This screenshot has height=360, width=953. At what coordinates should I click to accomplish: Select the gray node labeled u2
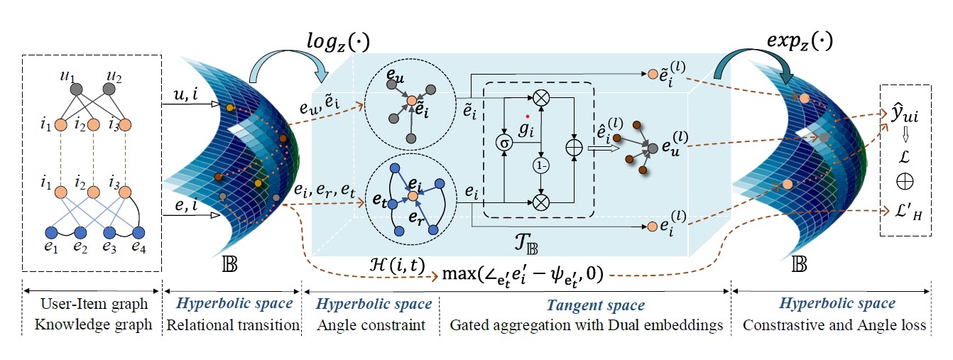109,89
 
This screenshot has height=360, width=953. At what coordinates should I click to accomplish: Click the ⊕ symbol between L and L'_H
904,182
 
